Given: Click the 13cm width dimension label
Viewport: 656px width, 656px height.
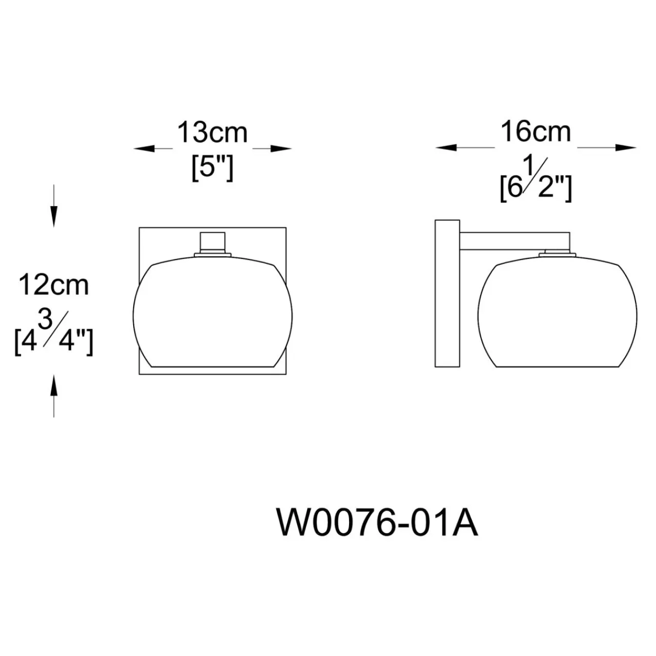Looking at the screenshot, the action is pyautogui.click(x=212, y=133).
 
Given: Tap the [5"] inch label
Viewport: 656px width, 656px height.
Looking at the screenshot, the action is pyautogui.click(x=212, y=169).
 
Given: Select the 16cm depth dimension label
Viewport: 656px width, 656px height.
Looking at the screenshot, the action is pyautogui.click(x=536, y=132).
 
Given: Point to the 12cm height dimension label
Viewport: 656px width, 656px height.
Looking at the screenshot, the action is pyautogui.click(x=53, y=285).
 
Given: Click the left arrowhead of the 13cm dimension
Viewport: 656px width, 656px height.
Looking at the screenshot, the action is pyautogui.click(x=144, y=149).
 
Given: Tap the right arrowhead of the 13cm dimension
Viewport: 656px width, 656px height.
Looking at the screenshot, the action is pyautogui.click(x=281, y=149).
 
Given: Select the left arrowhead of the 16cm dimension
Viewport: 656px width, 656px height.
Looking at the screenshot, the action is pyautogui.click(x=446, y=148).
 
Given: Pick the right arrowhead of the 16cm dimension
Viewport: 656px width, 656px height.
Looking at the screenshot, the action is pyautogui.click(x=626, y=148).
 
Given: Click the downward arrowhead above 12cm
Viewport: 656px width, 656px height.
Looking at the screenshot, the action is pyautogui.click(x=54, y=216).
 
